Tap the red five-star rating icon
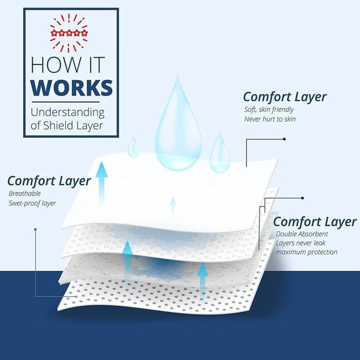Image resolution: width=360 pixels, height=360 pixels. click(69, 33)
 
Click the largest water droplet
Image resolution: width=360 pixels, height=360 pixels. click(178, 127)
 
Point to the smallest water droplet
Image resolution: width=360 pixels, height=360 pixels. click(134, 147)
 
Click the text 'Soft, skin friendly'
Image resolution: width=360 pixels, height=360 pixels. click(269, 110)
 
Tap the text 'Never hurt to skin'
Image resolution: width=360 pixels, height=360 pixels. click(270, 119)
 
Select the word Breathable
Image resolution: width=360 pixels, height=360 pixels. click(24, 193)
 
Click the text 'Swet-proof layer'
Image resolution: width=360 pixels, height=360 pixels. click(32, 203)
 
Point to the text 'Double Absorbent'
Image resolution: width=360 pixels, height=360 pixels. click(302, 234)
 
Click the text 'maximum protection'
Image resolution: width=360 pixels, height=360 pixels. click(307, 252)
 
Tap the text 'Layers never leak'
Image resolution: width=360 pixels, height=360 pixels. click(300, 243)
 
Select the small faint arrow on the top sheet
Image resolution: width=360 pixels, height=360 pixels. click(172, 205)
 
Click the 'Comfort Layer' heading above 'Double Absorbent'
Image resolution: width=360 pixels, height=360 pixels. click(315, 221)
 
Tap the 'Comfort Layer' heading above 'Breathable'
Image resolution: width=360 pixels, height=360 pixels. click(49, 181)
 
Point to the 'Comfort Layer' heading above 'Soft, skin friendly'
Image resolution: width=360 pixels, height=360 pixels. click(285, 97)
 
